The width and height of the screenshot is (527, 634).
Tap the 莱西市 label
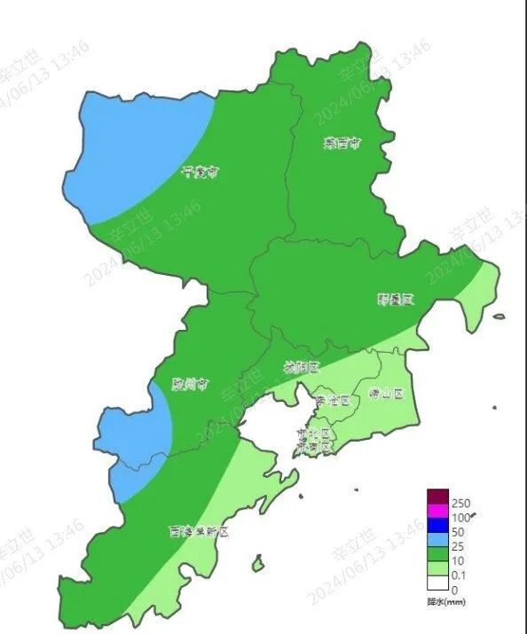341,142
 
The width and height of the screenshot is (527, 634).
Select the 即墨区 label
395,300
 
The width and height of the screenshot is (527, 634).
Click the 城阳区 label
301,367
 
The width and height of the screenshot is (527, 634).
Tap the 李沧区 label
334,400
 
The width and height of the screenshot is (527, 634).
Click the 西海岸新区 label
200,532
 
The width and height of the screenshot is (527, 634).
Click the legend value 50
458,532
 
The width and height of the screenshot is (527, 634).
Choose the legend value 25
458,547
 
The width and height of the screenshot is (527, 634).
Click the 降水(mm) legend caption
442,602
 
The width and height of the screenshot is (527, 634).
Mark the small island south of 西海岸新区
257,562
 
